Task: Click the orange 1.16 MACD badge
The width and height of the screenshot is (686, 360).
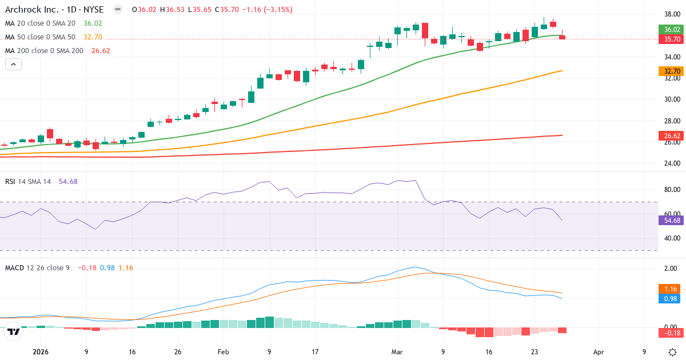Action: coord(669,289)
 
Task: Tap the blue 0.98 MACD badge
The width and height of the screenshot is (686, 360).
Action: coord(669,299)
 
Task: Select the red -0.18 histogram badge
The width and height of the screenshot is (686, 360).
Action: coord(669,333)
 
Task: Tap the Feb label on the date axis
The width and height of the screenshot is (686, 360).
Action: coord(224,352)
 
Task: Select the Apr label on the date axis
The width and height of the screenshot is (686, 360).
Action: coord(599,352)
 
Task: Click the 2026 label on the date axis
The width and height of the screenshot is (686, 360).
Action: coord(41,352)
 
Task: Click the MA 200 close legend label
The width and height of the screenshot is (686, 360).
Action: coord(45,50)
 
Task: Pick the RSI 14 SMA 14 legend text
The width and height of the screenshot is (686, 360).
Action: coord(28,181)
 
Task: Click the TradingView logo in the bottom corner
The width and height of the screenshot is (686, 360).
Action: coord(14,331)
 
